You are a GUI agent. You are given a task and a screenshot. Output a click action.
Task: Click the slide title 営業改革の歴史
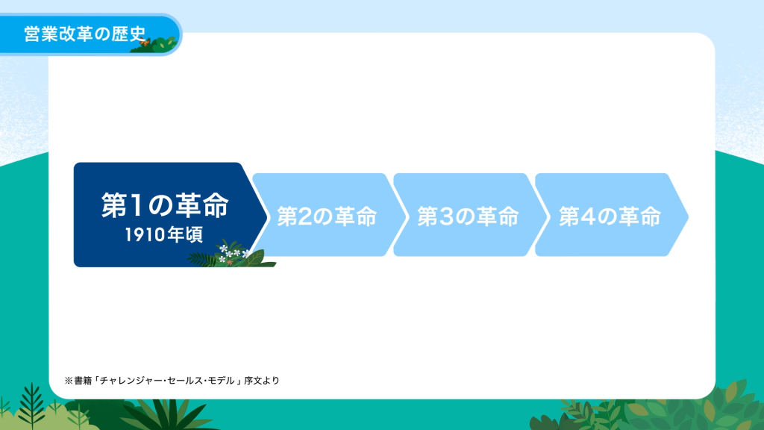85,34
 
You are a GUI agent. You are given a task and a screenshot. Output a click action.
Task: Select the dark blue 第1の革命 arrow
166,214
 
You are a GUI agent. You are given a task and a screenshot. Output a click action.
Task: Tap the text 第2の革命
327,216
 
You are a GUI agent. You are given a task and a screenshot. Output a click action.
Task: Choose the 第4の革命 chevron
612,214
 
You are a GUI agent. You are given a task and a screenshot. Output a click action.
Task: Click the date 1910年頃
163,235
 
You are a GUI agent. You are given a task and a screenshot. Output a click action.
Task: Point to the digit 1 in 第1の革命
136,205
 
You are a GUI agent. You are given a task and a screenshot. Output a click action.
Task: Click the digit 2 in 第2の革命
305,216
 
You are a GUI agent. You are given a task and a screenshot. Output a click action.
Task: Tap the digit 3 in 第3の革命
446,216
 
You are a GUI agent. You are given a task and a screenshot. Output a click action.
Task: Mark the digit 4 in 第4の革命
588,216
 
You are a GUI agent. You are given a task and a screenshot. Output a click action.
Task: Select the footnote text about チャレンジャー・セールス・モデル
172,380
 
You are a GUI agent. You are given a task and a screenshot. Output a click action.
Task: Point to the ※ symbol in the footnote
69,380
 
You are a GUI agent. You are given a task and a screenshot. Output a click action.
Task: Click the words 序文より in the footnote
262,380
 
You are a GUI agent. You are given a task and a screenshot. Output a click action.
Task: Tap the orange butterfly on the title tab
143,43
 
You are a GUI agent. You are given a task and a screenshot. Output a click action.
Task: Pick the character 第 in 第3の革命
428,216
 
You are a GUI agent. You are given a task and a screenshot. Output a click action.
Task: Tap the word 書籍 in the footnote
83,380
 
